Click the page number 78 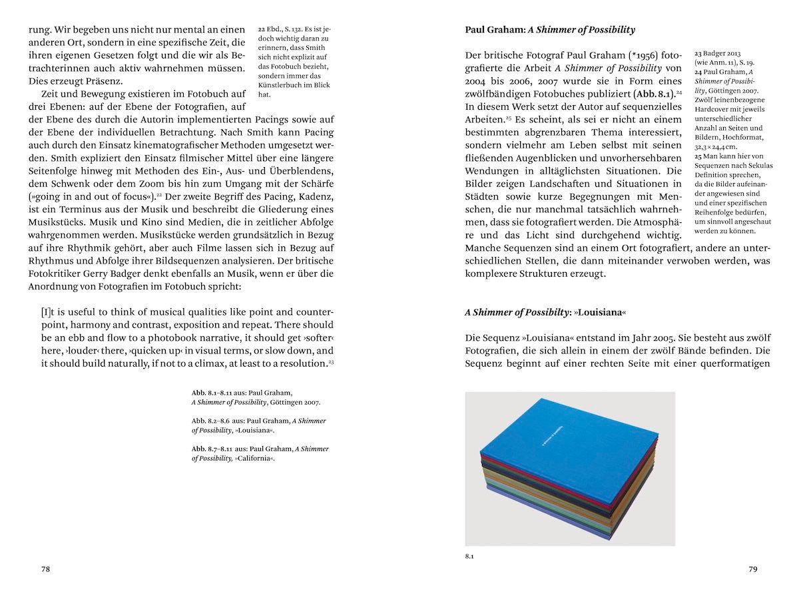[45, 569]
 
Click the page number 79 [752, 569]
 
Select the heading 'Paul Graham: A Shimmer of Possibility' [549, 30]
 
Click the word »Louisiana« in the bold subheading [599, 311]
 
